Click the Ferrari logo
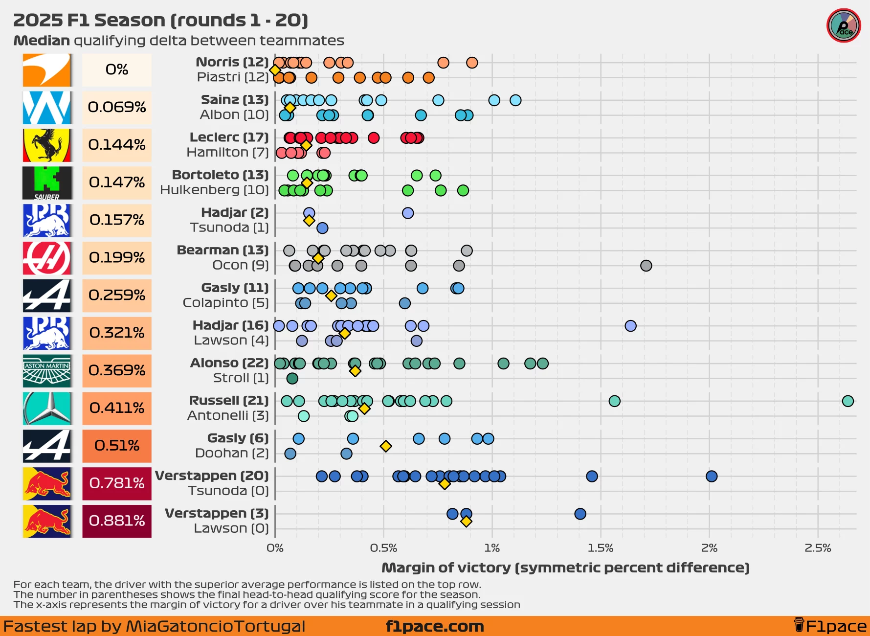47,145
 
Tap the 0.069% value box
117,107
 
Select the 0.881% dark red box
117,521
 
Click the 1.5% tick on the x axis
601,548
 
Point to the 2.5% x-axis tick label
818,548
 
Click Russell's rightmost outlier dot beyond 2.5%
848,401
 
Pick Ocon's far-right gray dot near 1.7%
646,266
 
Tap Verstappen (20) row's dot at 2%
712,476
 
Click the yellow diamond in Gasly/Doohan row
386,446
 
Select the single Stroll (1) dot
292,378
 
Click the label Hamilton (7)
227,153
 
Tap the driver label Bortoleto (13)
220,175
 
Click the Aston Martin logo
47,371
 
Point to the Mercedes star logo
47,409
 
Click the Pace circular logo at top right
844,25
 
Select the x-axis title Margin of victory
565,568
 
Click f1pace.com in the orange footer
435,626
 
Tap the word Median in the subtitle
42,41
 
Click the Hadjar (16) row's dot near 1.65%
630,326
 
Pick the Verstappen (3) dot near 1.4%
580,514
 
